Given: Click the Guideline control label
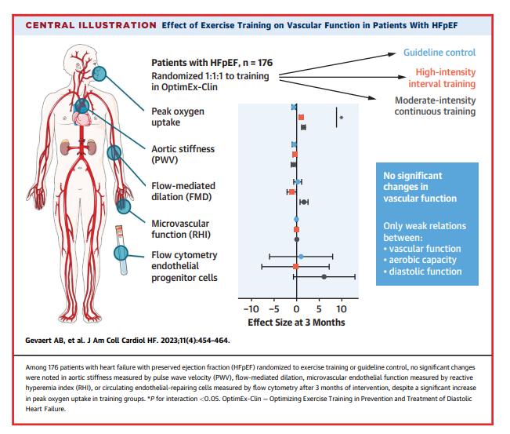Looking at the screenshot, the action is tap(439, 53).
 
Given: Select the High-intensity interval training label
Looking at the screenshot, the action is tap(442, 78).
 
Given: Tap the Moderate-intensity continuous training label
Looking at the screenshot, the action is tap(436, 106).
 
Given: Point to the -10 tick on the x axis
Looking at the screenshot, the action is tap(251, 309).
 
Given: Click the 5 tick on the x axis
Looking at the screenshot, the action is tap(319, 309).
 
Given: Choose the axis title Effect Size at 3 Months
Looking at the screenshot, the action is tap(296, 323).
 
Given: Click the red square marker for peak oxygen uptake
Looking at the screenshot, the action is tap(301, 117).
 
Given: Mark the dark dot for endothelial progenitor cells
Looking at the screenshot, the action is tap(324, 277).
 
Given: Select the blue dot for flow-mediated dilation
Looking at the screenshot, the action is tap(298, 182).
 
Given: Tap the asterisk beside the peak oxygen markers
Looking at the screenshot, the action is tap(342, 118).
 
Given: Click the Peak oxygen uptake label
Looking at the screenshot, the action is tap(178, 117).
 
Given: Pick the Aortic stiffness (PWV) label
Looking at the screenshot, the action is tap(183, 155).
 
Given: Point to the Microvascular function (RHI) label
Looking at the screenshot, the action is tap(181, 229).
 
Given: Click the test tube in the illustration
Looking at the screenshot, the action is tap(121, 250).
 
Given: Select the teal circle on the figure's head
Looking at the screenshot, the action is tap(99, 74).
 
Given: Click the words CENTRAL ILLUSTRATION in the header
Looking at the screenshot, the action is tap(91, 25).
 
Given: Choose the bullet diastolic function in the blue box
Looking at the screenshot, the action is tap(422, 272).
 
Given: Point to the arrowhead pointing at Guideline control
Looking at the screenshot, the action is tap(392, 54).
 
